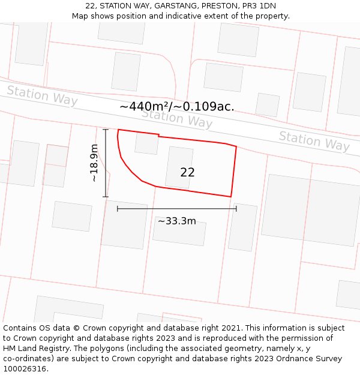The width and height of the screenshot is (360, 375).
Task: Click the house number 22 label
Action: pos(187,172)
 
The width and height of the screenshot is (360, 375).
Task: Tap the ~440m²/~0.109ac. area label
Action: pos(177,107)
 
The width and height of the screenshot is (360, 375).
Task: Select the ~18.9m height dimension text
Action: pos(94,163)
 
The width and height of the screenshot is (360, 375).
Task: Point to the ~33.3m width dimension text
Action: pos(177,221)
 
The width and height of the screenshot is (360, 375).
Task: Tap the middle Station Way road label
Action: pos(177,118)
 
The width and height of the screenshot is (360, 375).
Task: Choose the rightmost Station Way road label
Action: pos(314,141)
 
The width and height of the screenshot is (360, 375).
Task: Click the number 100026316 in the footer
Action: pos(26,368)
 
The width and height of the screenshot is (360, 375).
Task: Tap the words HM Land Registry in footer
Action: pos(34,348)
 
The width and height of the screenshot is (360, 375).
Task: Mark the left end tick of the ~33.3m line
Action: pos(118,209)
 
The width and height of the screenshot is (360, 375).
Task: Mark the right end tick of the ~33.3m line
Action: pos(236,209)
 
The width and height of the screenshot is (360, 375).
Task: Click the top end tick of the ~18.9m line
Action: pos(106,130)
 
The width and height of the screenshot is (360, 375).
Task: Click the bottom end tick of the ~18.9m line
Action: pos(106,196)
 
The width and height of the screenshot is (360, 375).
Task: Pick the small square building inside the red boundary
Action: pos(146,143)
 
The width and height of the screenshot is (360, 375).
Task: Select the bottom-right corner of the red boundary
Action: pos(231,196)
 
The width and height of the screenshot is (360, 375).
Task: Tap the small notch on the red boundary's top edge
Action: pos(158,136)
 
